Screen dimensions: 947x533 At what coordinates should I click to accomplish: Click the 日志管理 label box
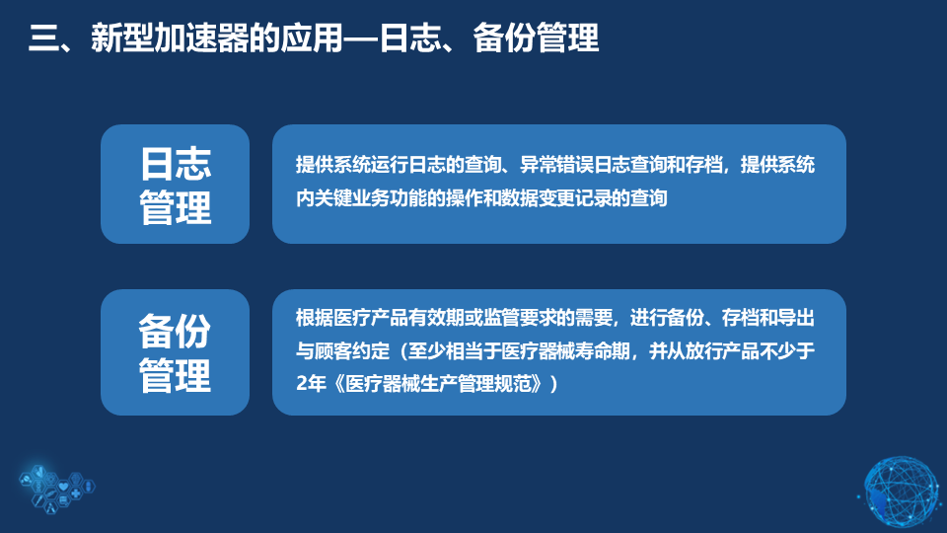(176, 185)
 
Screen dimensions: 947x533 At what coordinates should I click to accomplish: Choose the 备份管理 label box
(176, 352)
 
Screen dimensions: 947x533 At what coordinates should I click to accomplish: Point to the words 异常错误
(556, 165)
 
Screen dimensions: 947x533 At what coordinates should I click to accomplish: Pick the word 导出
(796, 318)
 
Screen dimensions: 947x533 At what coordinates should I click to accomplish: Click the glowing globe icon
(901, 492)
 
